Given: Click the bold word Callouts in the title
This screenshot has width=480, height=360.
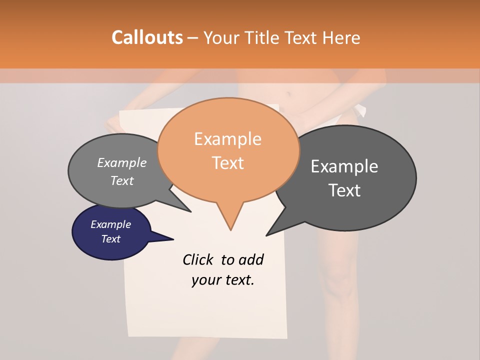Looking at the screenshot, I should point(147,37).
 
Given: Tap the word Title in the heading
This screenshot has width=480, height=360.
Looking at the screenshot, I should point(266,37).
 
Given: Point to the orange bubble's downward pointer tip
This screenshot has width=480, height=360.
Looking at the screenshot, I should point(230,229).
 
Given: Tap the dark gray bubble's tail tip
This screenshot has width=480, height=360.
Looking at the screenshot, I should point(267,235).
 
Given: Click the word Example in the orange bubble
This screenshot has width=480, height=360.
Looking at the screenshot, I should point(227,139).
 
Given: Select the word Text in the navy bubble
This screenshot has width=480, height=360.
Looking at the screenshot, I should point(110,239).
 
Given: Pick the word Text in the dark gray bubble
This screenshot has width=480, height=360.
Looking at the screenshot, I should point(344,190).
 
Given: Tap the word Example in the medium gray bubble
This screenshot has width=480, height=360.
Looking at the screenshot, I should point(121,162).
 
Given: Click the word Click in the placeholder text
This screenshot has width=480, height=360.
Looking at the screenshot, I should point(197,259).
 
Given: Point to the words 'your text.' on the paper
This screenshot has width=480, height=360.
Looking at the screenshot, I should point(222,280).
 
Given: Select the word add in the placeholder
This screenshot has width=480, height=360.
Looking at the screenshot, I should point(250,259).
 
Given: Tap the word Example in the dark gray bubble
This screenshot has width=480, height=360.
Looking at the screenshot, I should point(344,166).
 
